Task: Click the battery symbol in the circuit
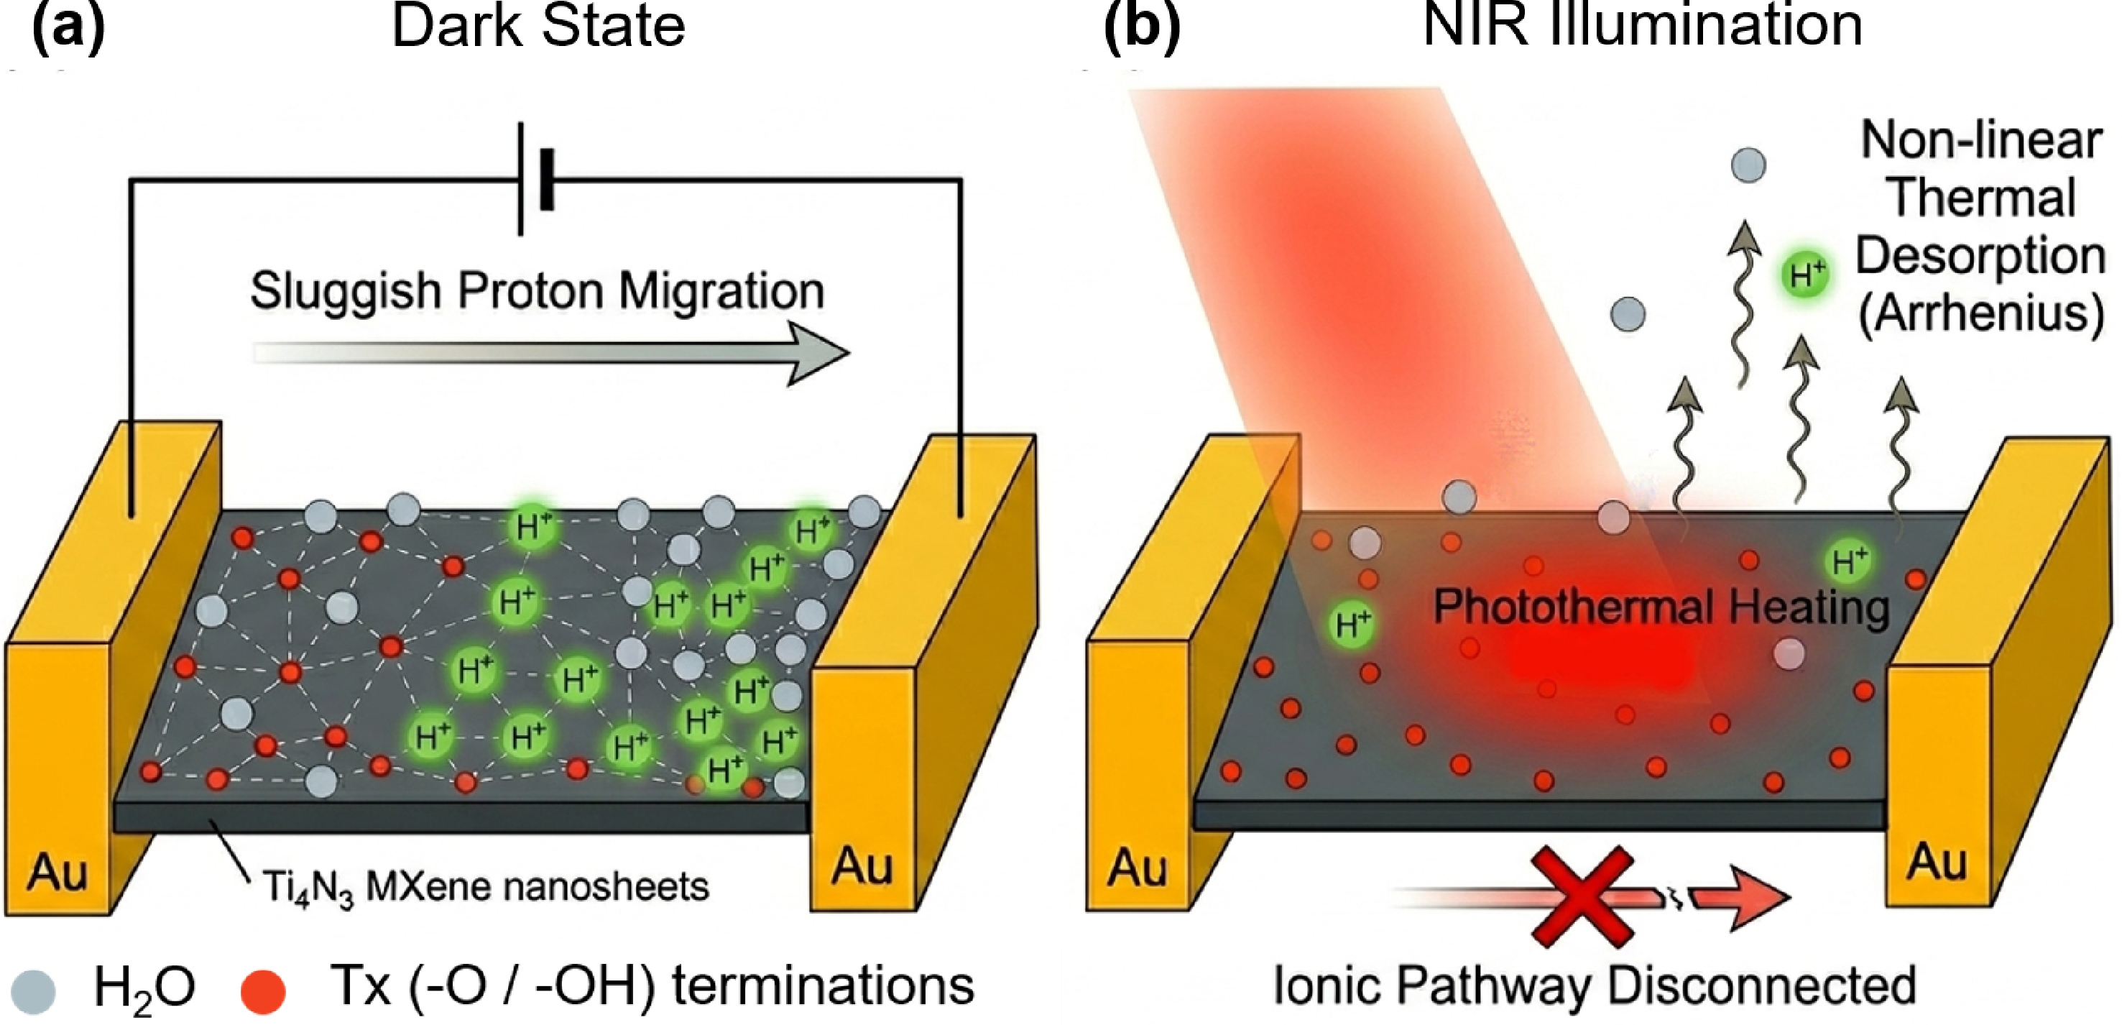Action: coord(535,179)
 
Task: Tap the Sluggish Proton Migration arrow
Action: coord(551,354)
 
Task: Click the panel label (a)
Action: coord(68,27)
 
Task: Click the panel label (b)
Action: coord(1142,27)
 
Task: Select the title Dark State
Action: coord(539,26)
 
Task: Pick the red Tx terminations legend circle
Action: coord(263,991)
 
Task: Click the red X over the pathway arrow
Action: coord(1582,897)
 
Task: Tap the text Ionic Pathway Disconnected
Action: coord(1595,985)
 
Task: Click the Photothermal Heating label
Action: coord(1661,607)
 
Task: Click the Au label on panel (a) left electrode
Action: coord(57,872)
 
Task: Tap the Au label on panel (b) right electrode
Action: coord(1937,862)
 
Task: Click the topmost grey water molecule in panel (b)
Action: coord(1749,165)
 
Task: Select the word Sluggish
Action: coord(346,292)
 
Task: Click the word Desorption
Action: coord(1980,256)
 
